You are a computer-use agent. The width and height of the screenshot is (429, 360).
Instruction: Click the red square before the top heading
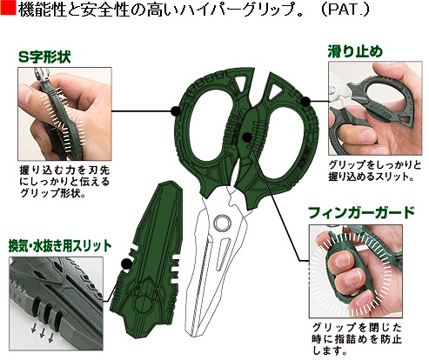8,8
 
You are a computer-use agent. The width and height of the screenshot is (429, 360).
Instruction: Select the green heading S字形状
44,57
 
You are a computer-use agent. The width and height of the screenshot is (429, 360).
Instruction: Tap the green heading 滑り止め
355,51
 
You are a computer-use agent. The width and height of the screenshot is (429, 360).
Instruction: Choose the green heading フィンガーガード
361,213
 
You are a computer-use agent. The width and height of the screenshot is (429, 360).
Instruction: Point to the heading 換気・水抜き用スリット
60,246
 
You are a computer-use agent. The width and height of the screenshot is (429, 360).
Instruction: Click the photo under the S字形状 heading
64,114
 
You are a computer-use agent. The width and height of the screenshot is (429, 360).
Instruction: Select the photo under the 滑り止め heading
375,108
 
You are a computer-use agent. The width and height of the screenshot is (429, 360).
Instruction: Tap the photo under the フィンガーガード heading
356,271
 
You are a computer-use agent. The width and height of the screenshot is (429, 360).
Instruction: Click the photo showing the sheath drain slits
56,303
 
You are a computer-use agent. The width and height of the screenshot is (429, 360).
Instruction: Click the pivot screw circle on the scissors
223,223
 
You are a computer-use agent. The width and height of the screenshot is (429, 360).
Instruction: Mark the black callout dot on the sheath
126,263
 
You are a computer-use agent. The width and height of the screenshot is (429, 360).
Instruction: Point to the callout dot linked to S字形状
176,111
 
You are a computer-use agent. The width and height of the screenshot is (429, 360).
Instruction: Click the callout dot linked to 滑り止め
305,102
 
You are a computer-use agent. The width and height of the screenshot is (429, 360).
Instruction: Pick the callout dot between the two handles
247,137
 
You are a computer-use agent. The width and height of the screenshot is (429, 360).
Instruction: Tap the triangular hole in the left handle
241,83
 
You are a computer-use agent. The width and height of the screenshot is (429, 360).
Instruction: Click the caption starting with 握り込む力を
64,182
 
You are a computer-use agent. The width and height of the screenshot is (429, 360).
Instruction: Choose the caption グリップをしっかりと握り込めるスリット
374,170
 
